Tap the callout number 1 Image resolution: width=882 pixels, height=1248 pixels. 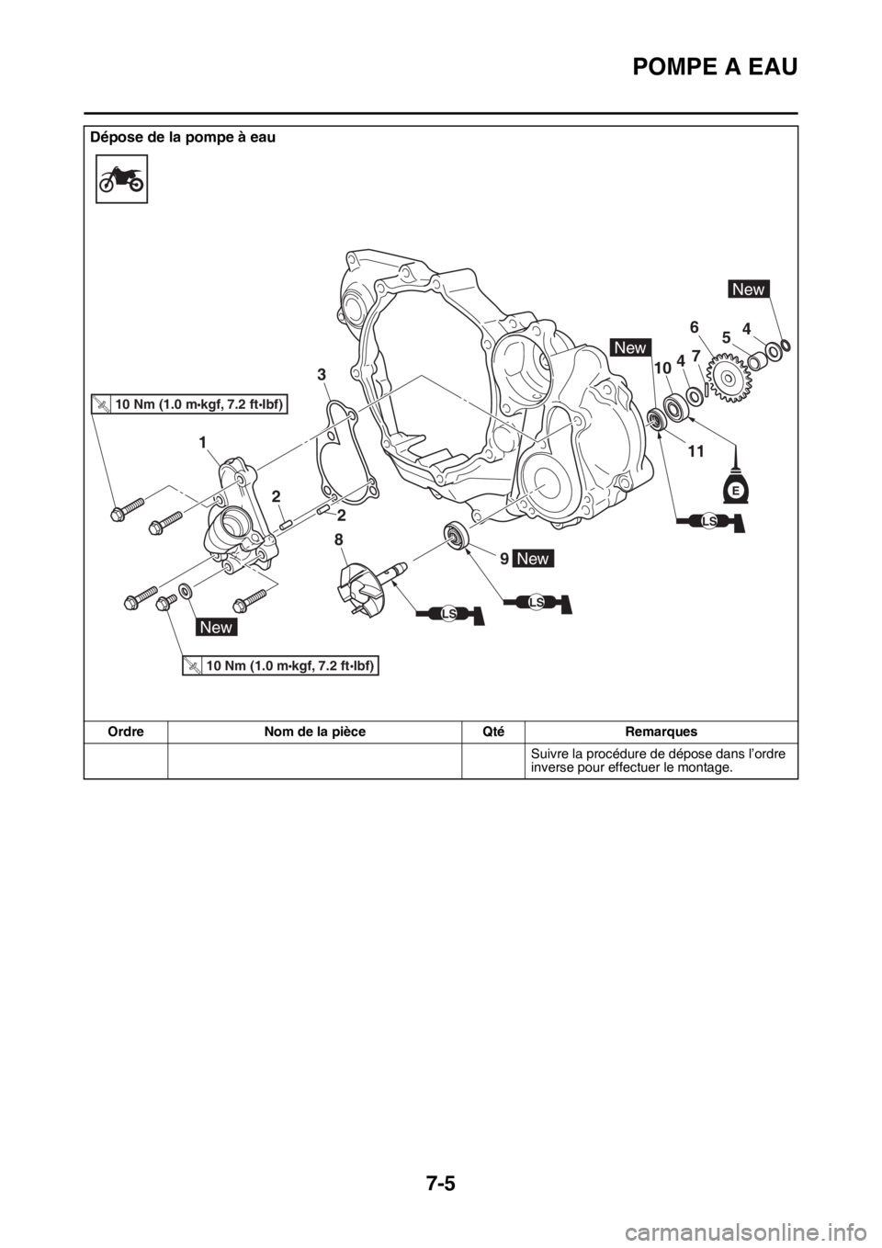point(200,443)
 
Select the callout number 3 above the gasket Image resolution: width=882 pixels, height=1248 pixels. point(322,374)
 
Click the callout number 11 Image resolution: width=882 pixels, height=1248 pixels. point(696,451)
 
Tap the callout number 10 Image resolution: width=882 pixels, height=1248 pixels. point(661,368)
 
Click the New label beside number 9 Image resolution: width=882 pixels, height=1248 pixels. point(535,559)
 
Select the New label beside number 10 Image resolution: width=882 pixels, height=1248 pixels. point(631,347)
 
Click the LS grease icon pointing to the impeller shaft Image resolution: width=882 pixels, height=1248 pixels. point(449,613)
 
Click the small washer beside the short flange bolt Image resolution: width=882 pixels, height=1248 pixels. point(186,591)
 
